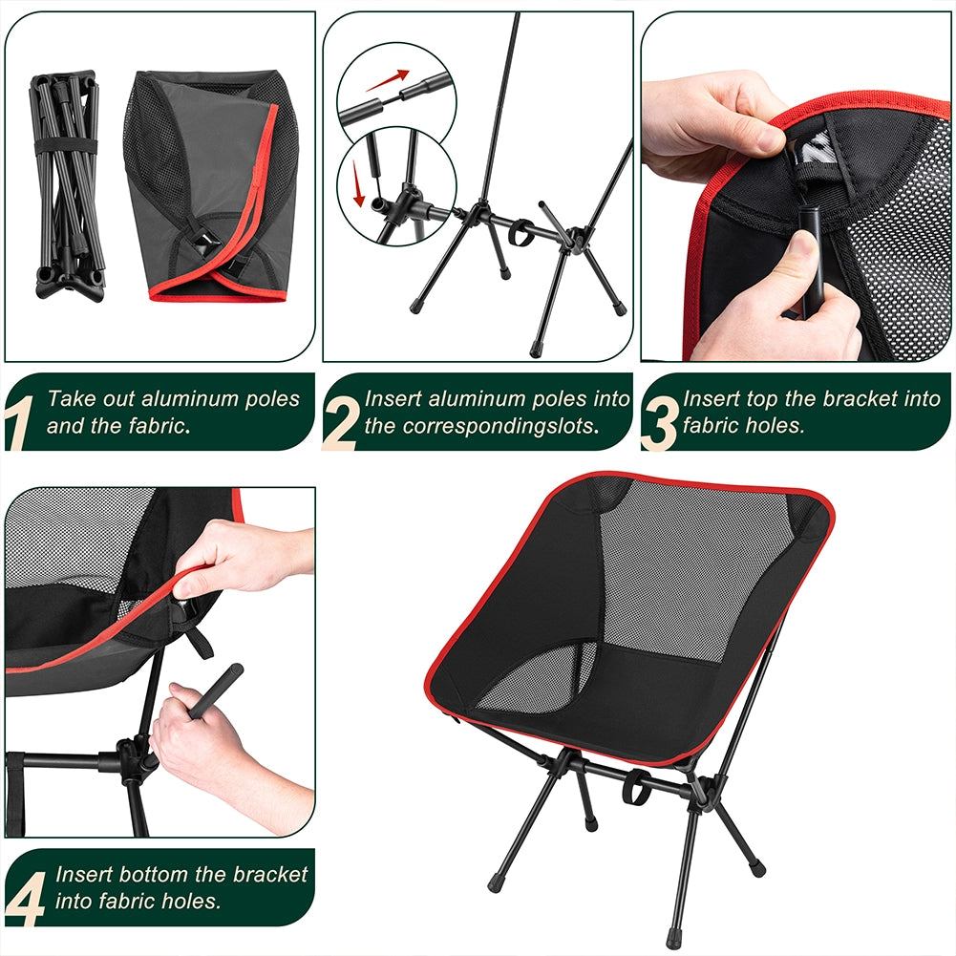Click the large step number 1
click(16, 423)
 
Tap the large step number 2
click(340, 423)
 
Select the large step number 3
click(659, 423)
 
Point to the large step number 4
click(26, 899)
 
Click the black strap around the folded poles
click(65, 146)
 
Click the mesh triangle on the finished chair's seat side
click(537, 677)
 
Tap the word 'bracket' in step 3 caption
click(854, 399)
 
